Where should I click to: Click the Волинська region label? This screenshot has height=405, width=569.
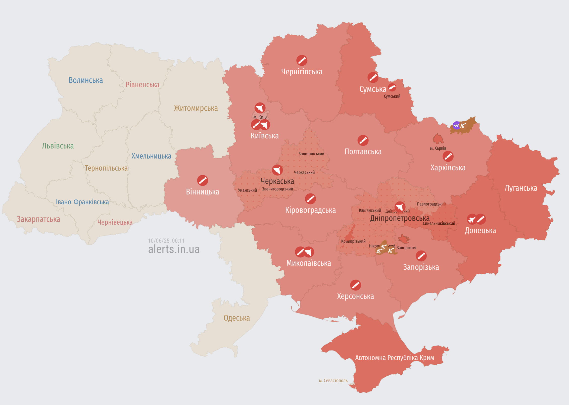pos(86,80)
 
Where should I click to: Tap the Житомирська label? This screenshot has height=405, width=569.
pos(196,108)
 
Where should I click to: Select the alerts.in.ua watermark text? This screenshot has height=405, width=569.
pos(174,249)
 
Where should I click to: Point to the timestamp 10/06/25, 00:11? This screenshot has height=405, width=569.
pos(166,241)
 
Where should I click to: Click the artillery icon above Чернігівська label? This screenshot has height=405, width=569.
pos(302,60)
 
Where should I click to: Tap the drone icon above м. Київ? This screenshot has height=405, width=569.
pos(260,108)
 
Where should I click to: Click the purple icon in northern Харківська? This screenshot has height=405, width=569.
pos(456,125)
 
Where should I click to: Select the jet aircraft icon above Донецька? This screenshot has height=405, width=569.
pos(472,219)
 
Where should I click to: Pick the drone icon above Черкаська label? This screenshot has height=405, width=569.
pos(277,170)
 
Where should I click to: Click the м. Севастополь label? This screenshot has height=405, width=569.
pos(333,381)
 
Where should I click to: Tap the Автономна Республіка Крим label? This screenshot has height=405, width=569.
pos(394,358)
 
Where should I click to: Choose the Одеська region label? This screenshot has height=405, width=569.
pos(236,318)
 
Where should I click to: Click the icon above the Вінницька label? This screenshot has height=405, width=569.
pos(202,180)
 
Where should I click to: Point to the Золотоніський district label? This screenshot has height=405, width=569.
pos(311,154)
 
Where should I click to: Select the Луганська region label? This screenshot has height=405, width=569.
pos(521,188)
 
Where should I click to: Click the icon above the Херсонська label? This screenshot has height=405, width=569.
pos(355,285)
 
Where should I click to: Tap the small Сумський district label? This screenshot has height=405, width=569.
pos(392,96)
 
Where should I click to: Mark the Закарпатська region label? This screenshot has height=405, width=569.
pos(38,219)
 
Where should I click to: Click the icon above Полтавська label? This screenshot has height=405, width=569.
pos(363,140)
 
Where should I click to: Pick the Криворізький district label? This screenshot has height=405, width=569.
pos(353,241)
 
